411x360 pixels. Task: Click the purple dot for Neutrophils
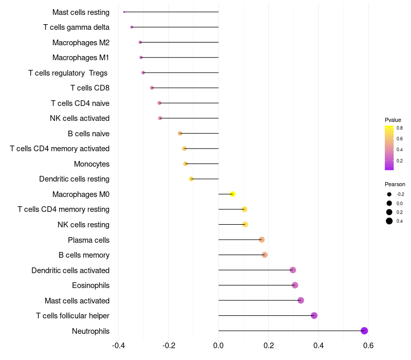tap(364, 331)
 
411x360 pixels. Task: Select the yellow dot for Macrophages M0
tap(233, 194)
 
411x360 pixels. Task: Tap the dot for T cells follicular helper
tap(314, 316)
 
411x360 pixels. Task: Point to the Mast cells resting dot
tap(124, 12)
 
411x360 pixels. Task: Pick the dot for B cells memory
tap(265, 255)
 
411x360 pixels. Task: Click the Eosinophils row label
tap(90, 285)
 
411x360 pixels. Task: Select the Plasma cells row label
tap(88, 240)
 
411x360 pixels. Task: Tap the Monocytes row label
tap(91, 164)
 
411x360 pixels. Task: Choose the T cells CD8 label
tap(90, 88)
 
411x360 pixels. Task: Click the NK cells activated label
tap(80, 118)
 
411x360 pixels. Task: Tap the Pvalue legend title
tap(393, 120)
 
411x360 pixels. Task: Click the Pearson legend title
tap(395, 184)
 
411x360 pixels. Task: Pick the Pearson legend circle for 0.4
tap(389, 221)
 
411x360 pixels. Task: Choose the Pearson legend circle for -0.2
tap(389, 194)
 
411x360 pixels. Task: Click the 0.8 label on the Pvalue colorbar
tap(399, 128)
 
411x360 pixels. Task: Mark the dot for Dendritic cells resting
tap(191, 179)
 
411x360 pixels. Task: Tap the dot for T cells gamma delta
tap(132, 27)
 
